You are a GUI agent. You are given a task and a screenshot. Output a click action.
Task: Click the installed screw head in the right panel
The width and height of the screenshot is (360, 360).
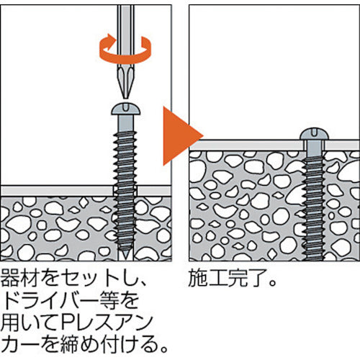tap(314, 135)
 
